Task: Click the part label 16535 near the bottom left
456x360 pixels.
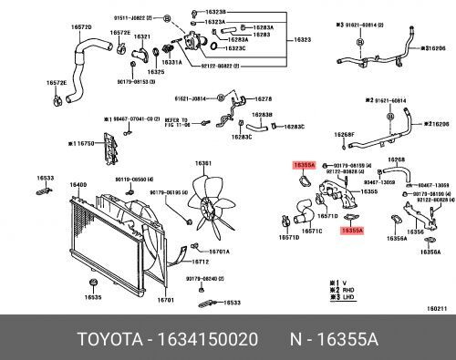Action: pos(92,297)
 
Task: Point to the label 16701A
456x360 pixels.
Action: pos(219,252)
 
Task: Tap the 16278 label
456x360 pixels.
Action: pos(264,98)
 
